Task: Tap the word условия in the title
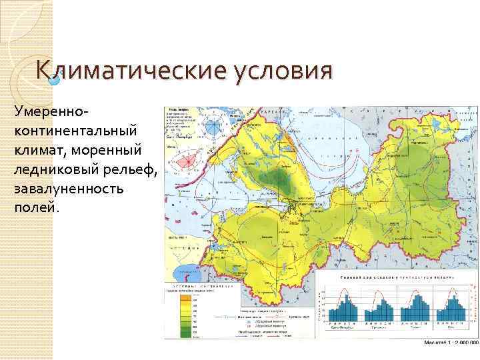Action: click(x=281, y=71)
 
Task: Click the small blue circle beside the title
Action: click(x=56, y=80)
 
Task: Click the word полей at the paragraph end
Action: click(x=35, y=207)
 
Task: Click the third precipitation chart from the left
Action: click(x=417, y=307)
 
